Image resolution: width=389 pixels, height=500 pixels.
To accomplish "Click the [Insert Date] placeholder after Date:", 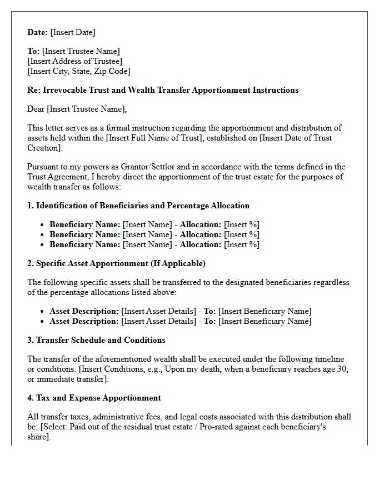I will point(73,32).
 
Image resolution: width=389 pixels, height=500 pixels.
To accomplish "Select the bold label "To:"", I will point(33,51).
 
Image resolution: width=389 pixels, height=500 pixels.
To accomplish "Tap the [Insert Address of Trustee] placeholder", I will point(75,61).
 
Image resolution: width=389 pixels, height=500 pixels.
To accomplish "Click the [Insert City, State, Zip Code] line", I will point(79,71).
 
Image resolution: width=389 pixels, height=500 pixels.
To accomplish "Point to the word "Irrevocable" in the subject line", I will point(62,90).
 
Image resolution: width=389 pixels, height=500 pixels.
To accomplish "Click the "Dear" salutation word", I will point(36,109).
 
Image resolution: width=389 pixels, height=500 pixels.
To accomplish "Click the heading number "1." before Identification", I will point(31,206).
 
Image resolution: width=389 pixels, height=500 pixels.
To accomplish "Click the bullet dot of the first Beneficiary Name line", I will point(42,225).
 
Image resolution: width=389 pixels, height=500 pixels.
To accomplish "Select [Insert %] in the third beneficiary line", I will point(241,244).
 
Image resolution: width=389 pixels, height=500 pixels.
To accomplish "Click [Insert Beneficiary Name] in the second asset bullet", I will point(265,321).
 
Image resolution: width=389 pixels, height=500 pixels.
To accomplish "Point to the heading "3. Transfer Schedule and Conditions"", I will point(96,340).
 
